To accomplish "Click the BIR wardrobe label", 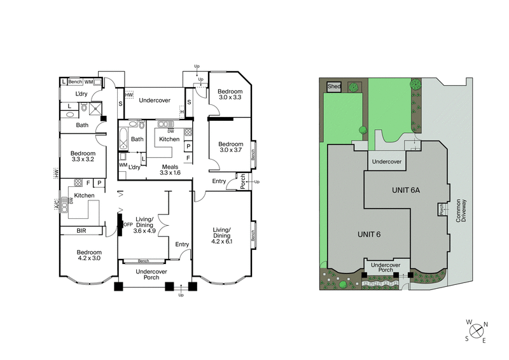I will click(81, 231).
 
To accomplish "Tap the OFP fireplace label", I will click(127, 224).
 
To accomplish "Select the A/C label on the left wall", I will click(56, 205).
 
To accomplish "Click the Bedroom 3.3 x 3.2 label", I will click(83, 156).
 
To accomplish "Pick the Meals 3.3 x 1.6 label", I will click(170, 169).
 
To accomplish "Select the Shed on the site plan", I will click(333, 86).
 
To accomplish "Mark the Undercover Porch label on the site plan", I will click(386, 267).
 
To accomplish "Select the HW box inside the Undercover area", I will click(129, 95).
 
